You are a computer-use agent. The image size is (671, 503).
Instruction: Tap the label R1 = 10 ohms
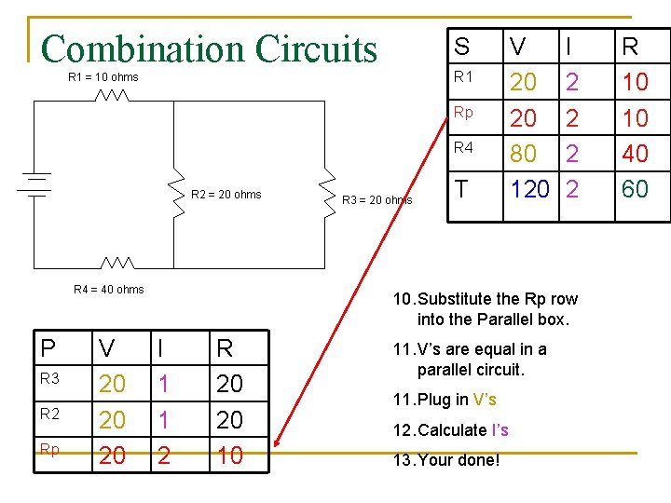(x=103, y=77)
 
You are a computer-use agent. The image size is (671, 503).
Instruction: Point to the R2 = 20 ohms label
(x=226, y=195)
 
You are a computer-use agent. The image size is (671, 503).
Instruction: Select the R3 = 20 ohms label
(x=377, y=199)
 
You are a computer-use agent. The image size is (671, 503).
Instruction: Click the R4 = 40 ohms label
(x=109, y=290)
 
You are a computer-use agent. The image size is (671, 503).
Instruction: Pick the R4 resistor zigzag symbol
(x=117, y=265)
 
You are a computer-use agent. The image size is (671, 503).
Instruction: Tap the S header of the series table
(x=462, y=47)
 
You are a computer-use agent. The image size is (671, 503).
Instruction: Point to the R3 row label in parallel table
(x=49, y=379)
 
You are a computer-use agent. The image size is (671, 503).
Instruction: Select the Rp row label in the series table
(x=463, y=112)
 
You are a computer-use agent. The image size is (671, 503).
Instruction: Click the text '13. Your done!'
(x=445, y=460)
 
